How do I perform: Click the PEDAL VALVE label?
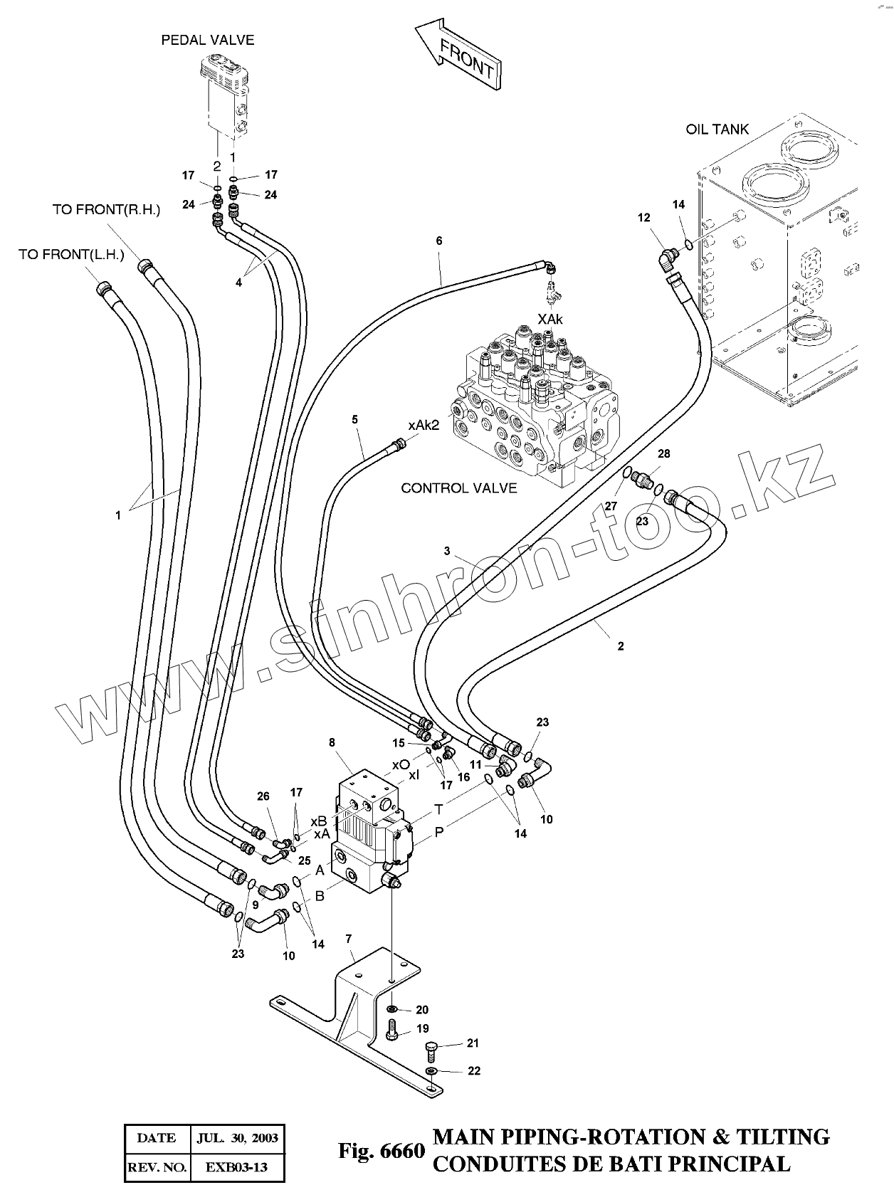tap(208, 40)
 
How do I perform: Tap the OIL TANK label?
tap(717, 130)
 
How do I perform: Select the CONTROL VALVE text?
tap(459, 488)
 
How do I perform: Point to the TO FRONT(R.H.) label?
tap(106, 209)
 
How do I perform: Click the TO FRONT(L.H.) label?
tap(71, 254)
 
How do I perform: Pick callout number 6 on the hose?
tap(439, 241)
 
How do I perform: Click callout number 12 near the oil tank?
tap(644, 218)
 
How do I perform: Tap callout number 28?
tap(664, 453)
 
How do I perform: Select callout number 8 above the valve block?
tap(332, 742)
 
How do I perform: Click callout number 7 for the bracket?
tap(349, 939)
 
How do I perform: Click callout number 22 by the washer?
tap(473, 1070)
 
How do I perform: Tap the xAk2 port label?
tap(424, 426)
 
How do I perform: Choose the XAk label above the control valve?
tap(550, 319)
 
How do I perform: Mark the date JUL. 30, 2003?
tap(237, 1138)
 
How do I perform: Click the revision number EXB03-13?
tap(236, 1167)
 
